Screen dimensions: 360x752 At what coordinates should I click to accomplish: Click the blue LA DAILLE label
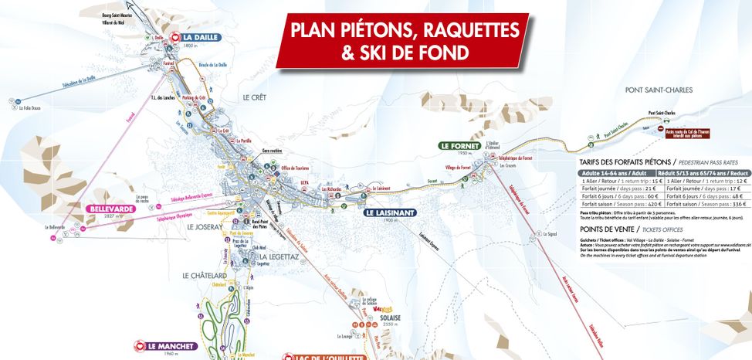tap(201, 36)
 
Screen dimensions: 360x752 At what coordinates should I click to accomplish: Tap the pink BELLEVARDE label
tap(111, 209)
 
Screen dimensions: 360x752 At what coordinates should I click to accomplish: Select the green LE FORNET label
tap(459, 145)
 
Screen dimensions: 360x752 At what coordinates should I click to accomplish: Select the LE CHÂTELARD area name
tap(204, 275)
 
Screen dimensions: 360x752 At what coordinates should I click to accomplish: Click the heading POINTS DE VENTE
tap(611, 229)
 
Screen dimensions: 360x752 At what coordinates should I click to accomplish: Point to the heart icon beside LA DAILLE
tap(174, 36)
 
